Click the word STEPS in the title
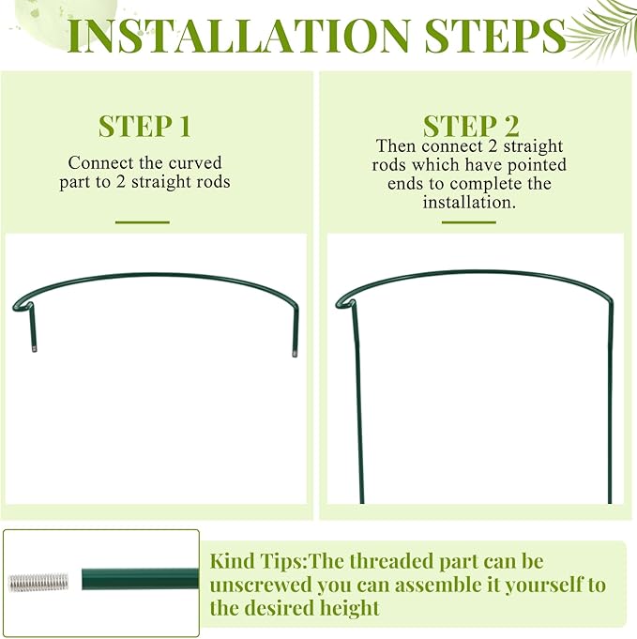(495, 35)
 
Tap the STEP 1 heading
(144, 127)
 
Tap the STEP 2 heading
(471, 127)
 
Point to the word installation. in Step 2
(469, 202)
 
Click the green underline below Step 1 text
(143, 222)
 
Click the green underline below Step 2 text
(469, 222)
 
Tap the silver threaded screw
(38, 583)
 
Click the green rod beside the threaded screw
(140, 579)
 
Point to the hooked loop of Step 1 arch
(23, 306)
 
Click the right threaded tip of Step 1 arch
(295, 354)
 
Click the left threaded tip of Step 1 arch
(34, 349)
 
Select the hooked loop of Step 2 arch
(345, 303)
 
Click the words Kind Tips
(258, 561)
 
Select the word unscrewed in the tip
(261, 585)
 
